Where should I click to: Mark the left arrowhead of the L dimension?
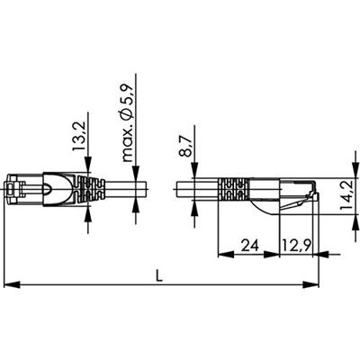pos(10,286)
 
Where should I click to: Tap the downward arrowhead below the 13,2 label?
pos(88,171)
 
